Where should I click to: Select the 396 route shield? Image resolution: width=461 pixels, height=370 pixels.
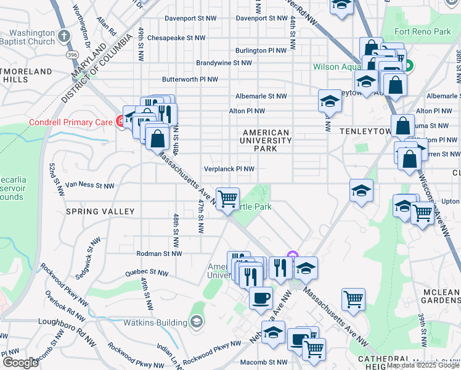[x=73, y=55]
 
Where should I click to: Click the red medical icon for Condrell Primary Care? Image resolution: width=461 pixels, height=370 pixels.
[x=119, y=121]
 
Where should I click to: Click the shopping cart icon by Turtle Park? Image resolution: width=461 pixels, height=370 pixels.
[x=227, y=199]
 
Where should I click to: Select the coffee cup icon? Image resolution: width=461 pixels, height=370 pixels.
[x=260, y=298]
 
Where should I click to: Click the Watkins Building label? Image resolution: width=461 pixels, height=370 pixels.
[x=161, y=323]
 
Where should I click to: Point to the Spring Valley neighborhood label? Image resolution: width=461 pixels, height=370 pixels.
[x=100, y=212]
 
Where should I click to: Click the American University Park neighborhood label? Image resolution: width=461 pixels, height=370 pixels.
[x=266, y=141]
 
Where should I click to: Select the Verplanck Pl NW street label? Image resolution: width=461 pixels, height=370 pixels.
[x=229, y=168]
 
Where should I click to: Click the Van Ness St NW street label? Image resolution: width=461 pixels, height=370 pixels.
[x=90, y=185]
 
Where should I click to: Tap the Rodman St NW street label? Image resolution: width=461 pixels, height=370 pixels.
[x=158, y=253]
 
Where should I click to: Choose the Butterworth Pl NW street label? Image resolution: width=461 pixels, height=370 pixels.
[x=190, y=80]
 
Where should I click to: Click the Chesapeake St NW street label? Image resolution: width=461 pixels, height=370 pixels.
[x=176, y=38]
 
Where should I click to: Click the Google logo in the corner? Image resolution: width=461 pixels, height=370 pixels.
[x=20, y=362]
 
